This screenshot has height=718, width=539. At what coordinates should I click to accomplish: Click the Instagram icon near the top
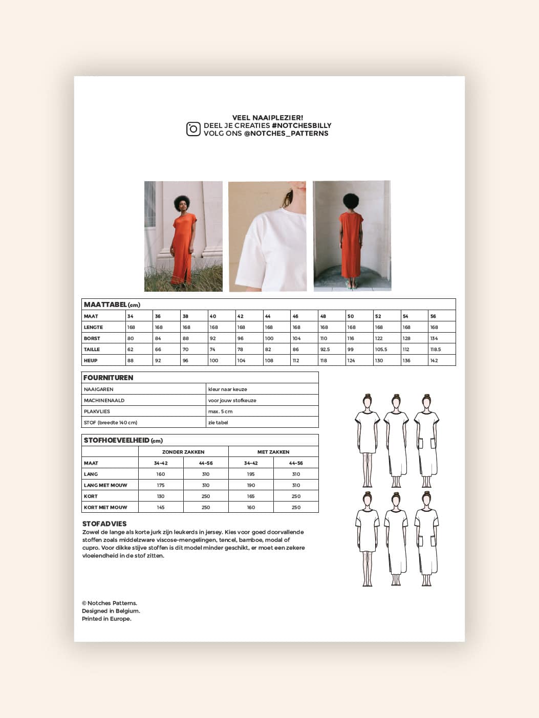pos(193,129)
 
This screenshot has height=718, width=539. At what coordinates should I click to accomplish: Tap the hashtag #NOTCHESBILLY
pos(301,125)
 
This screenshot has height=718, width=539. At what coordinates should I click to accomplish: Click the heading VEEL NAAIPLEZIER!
pos(268,118)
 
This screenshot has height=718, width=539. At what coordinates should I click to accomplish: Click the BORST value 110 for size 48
pos(324,338)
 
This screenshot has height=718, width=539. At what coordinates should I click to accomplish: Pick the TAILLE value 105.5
pos(381,350)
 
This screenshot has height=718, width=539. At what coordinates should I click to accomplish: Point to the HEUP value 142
pos(434,360)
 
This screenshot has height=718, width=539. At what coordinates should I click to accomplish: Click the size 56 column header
pos(433,316)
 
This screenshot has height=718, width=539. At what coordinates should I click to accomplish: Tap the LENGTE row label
pos(93,327)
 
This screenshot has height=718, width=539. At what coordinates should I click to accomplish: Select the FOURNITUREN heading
pos(108,378)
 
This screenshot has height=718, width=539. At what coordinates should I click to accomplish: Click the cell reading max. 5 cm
pos(221,411)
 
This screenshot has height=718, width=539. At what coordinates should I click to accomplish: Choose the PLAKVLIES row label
pos(97,411)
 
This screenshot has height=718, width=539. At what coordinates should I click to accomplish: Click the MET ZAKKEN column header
pos(273,452)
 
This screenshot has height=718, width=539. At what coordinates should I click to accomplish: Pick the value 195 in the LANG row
pos(251,474)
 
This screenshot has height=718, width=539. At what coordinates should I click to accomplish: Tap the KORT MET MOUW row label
pos(105,507)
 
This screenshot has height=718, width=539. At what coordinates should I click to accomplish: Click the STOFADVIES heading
pos(104,524)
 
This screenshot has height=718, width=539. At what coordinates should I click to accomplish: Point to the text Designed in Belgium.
pos(111,611)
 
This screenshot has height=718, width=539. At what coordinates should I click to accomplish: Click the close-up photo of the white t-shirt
pos(267,236)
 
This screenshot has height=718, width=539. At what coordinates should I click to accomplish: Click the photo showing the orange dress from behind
pos(352,236)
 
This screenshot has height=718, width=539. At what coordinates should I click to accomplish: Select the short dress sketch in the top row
pos(366,440)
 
